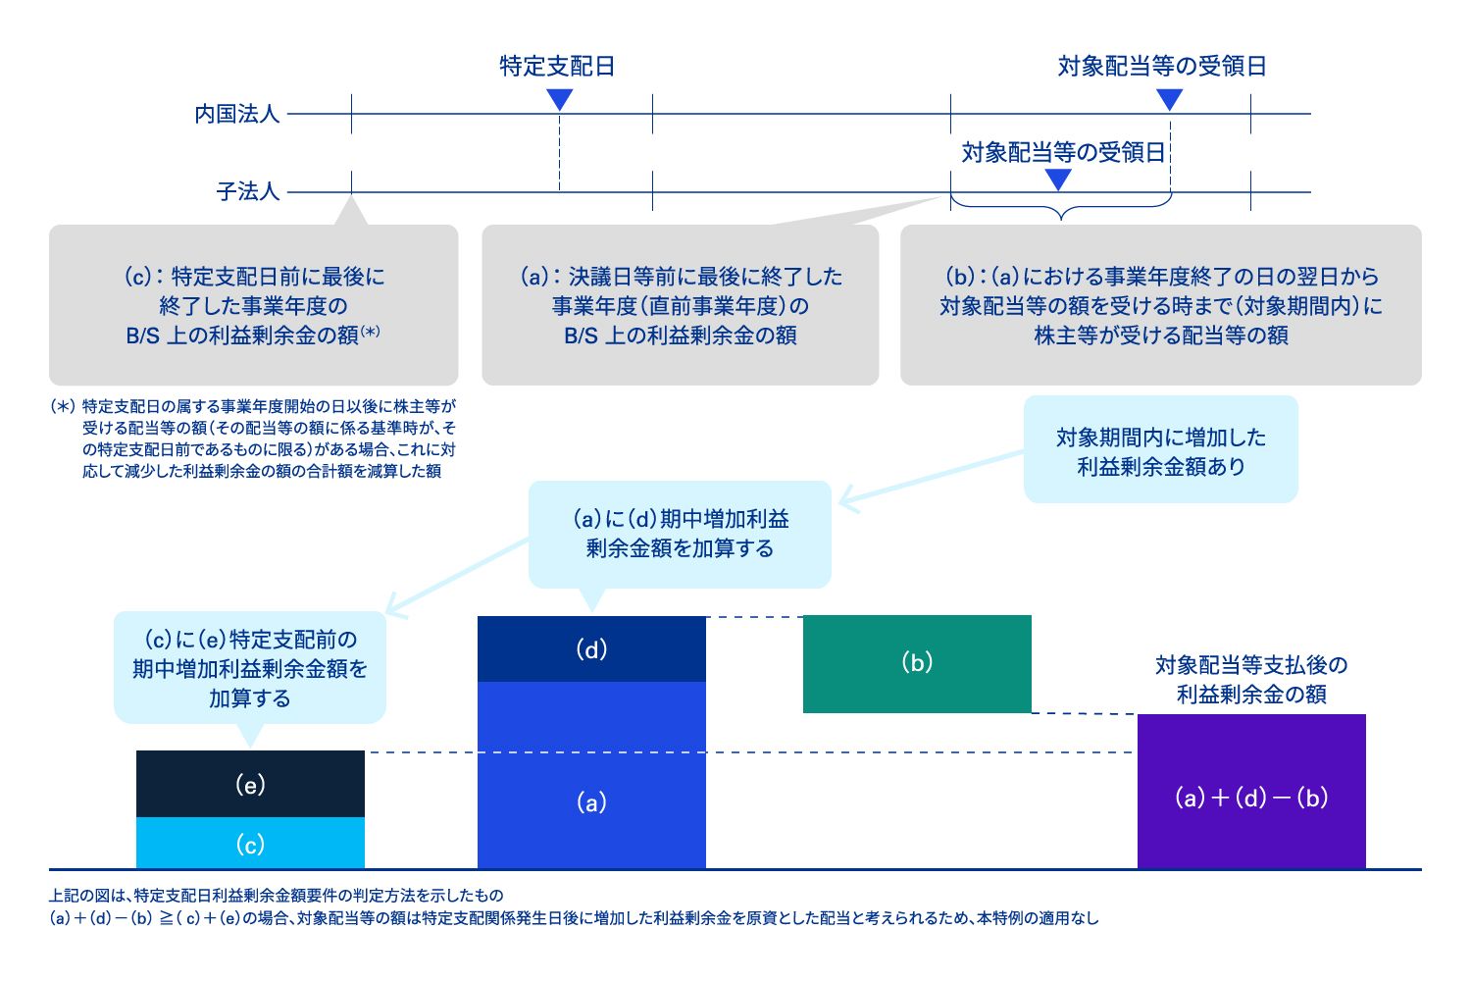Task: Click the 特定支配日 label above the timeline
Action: pyautogui.click(x=557, y=66)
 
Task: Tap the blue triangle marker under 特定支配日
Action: pyautogui.click(x=559, y=99)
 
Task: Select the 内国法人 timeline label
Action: pyautogui.click(x=237, y=114)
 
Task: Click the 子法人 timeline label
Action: pyautogui.click(x=248, y=191)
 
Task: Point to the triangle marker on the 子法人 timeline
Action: pyautogui.click(x=1058, y=180)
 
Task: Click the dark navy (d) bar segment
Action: pyautogui.click(x=591, y=649)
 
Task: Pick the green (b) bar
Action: pyautogui.click(x=917, y=663)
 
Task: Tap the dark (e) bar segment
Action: pyautogui.click(x=250, y=784)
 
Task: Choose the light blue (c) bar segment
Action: pyautogui.click(x=250, y=844)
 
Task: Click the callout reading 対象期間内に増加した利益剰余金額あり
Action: pyautogui.click(x=1160, y=450)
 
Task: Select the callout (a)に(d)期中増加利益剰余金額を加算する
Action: pyautogui.click(x=680, y=534)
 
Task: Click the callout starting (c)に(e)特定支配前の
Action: pyautogui.click(x=250, y=669)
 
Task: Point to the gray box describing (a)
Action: pyautogui.click(x=680, y=306)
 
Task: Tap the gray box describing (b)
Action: pyautogui.click(x=1160, y=306)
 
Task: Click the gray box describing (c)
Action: pyautogui.click(x=253, y=306)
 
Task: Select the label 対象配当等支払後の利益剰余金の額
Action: pyautogui.click(x=1251, y=680)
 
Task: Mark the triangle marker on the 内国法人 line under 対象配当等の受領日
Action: pyautogui.click(x=1169, y=99)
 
